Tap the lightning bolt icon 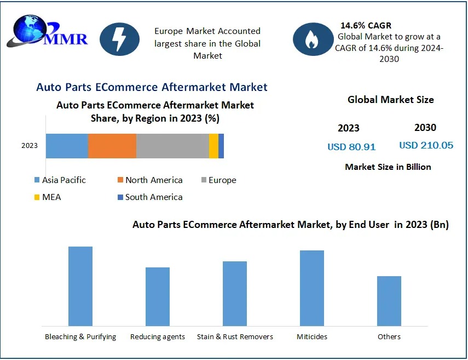point(119,39)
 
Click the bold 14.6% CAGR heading point(366,26)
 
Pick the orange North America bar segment point(112,146)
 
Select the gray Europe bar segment point(172,146)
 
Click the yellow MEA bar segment point(213,146)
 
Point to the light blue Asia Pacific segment point(67,146)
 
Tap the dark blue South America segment point(221,146)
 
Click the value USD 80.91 point(351,147)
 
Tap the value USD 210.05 point(426,145)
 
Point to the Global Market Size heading point(390,100)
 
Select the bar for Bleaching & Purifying point(80,286)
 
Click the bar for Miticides point(312,288)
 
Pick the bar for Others point(389,301)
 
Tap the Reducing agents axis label point(158,336)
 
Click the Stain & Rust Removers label point(235,336)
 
